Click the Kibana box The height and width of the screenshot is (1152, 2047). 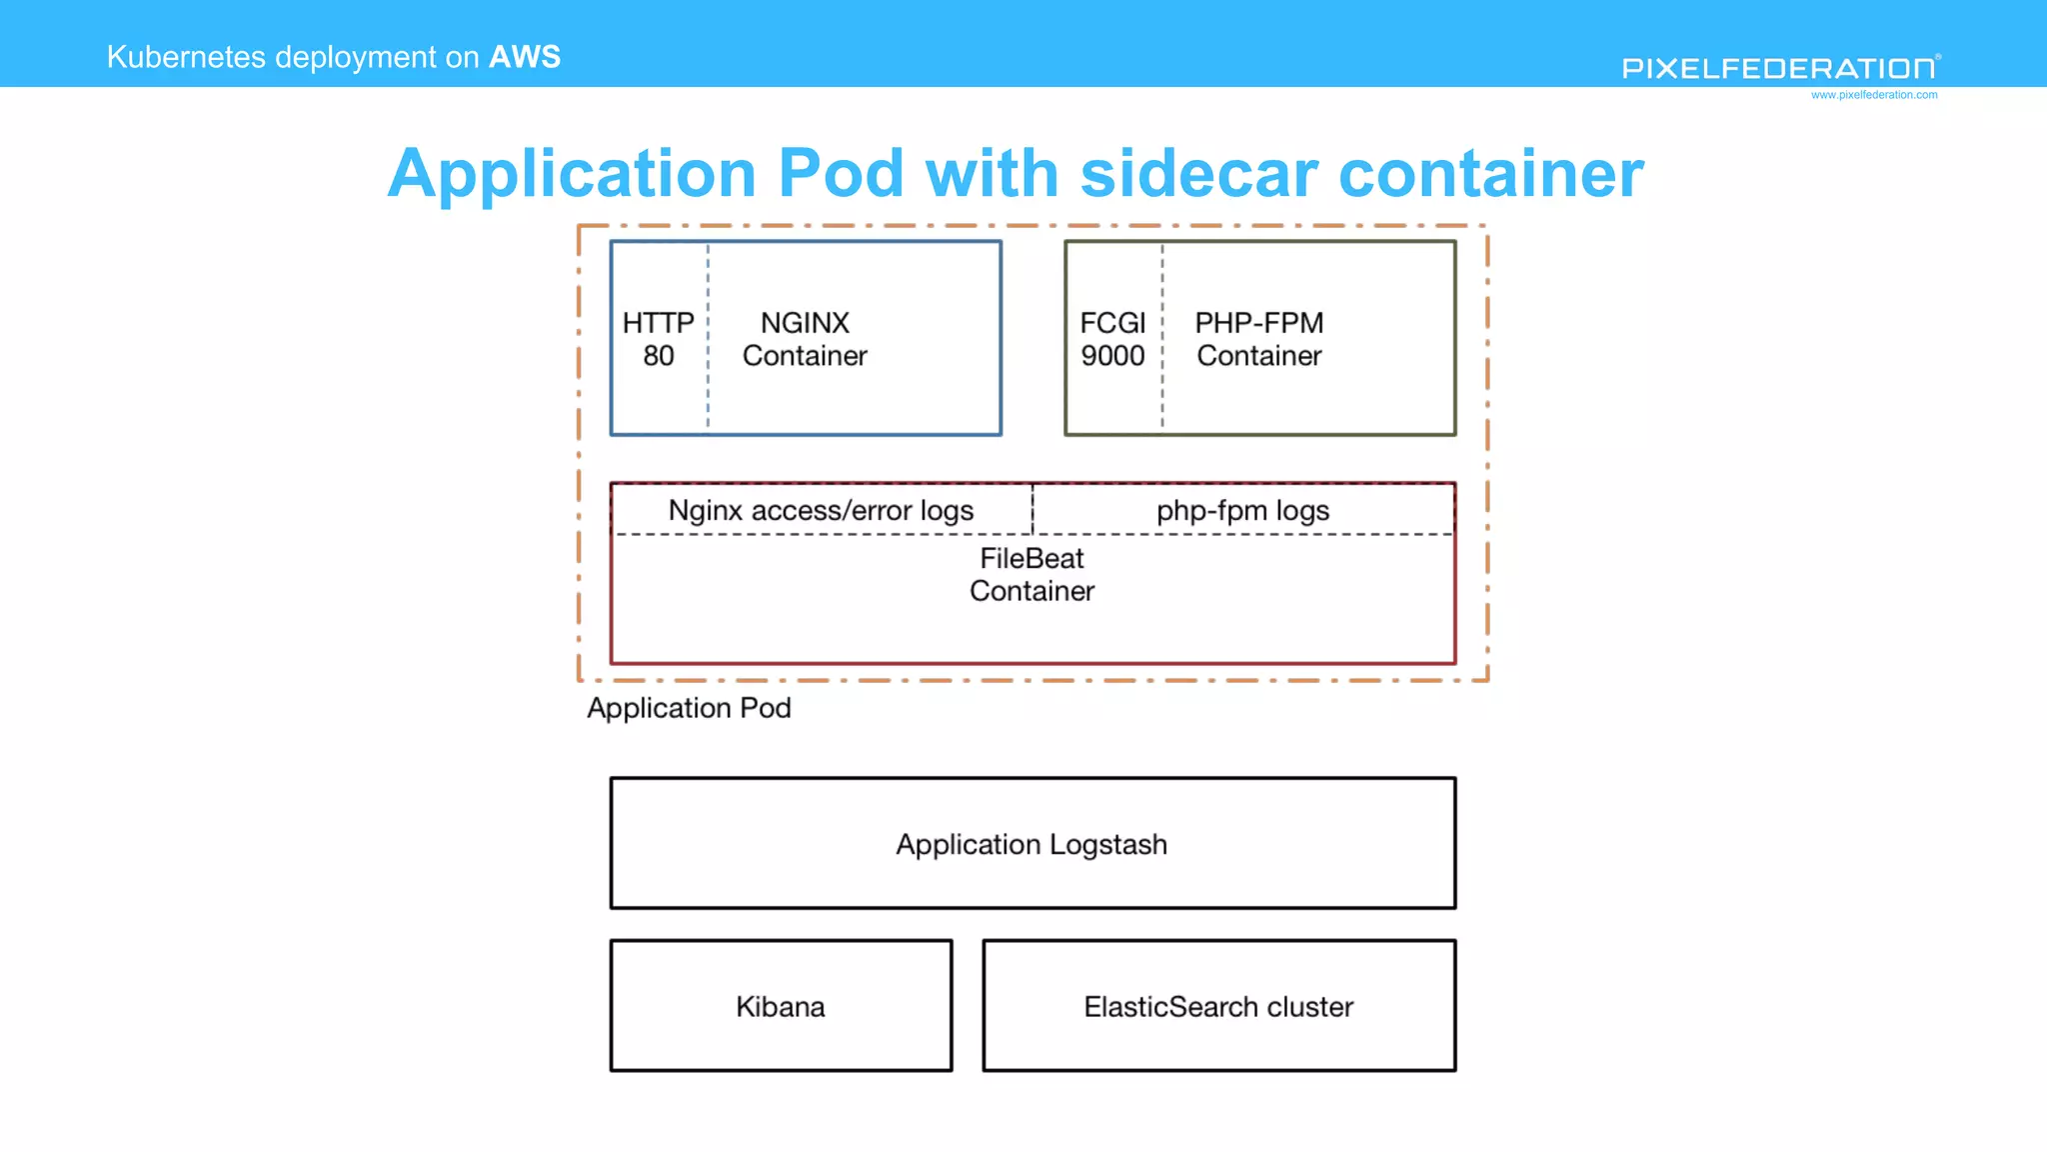click(781, 1006)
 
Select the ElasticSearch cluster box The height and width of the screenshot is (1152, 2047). click(1218, 1006)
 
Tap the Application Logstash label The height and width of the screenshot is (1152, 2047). click(1031, 845)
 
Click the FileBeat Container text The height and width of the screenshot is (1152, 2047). click(1031, 575)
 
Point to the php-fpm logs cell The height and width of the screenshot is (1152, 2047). click(1242, 511)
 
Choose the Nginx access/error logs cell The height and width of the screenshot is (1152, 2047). click(821, 511)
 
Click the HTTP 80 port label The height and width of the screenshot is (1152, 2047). click(658, 339)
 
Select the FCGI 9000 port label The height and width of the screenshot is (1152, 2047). click(1112, 339)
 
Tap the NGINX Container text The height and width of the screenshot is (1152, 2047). click(805, 339)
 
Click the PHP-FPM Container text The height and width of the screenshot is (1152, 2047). click(1259, 339)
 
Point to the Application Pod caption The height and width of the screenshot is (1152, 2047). click(689, 708)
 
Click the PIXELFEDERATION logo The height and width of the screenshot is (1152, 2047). click(1779, 68)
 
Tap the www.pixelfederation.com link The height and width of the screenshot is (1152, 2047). click(1874, 95)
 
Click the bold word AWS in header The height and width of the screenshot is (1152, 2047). click(525, 57)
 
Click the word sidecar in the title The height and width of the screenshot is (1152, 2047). click(1198, 174)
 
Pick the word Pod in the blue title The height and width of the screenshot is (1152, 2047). click(841, 174)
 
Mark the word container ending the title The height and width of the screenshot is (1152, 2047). click(1490, 174)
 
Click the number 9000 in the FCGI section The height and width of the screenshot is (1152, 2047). click(1112, 356)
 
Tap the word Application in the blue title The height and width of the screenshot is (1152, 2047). click(572, 174)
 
